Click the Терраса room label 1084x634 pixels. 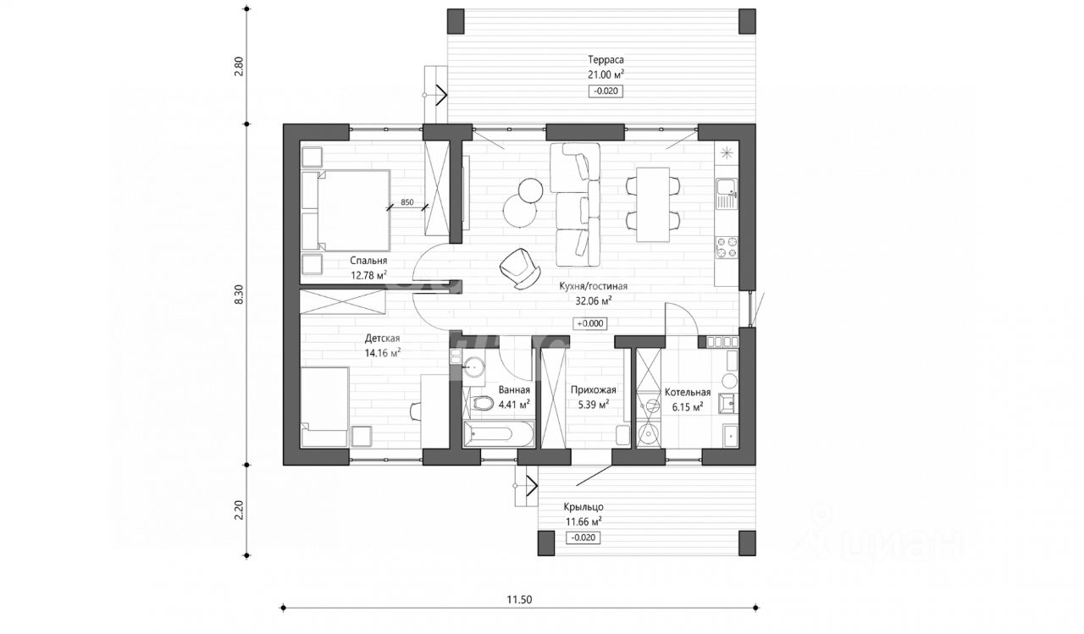(606, 60)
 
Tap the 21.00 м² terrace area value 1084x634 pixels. (606, 74)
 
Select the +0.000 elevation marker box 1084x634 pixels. (590, 323)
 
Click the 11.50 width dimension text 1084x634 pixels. (519, 600)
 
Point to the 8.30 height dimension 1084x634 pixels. (239, 295)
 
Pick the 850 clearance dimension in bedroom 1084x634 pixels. (407, 202)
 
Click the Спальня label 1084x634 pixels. (368, 261)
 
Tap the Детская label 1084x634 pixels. (382, 338)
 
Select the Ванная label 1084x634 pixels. (514, 389)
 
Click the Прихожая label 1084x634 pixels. (594, 389)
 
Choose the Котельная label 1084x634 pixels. (687, 392)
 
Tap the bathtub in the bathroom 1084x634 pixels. (499, 433)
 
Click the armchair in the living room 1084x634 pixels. (519, 269)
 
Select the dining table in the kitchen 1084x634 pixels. (653, 204)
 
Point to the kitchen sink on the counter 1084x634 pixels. (727, 194)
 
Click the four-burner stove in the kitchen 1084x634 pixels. (727, 247)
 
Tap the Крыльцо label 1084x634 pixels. (583, 507)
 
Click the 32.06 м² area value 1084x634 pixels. (594, 300)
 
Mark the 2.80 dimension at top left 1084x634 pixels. (239, 67)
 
